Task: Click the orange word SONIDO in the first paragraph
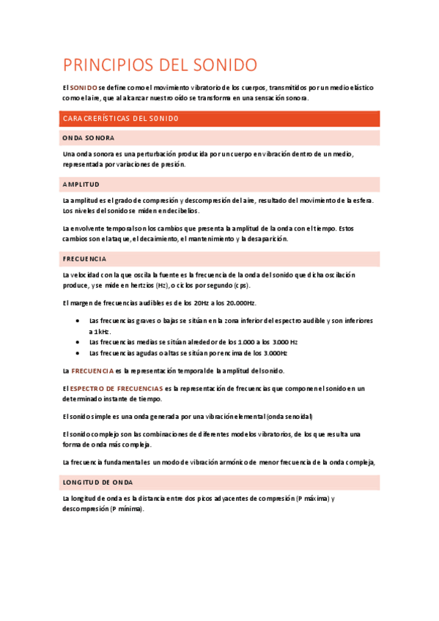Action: (x=84, y=86)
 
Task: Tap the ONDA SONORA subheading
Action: (x=88, y=138)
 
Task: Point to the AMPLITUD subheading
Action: (x=81, y=184)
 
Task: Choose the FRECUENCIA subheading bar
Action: (x=84, y=259)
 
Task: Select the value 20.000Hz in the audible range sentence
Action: (x=240, y=303)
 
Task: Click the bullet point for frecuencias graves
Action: (x=78, y=321)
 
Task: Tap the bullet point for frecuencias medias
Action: (x=78, y=341)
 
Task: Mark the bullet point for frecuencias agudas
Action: (x=78, y=352)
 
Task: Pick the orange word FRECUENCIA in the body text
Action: (x=92, y=371)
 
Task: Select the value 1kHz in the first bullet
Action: (x=102, y=331)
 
